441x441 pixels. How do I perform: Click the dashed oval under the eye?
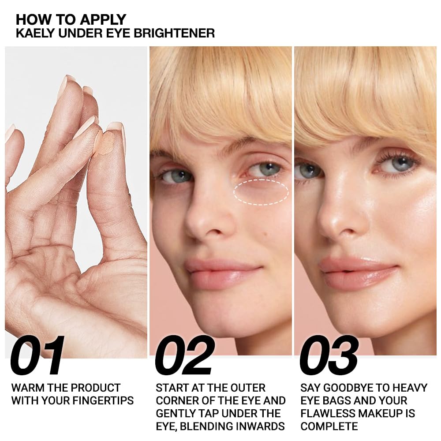(x=261, y=192)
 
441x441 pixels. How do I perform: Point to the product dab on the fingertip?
(x=106, y=144)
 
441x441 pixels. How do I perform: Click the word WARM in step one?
(x=26, y=388)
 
